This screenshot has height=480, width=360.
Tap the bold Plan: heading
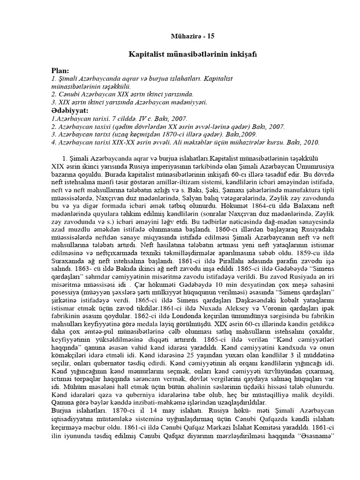click(60, 70)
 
